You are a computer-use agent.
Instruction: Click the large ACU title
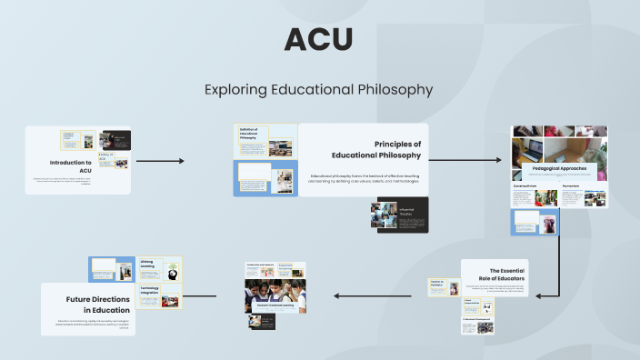point(318,40)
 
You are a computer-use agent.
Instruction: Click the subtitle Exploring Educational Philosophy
point(319,90)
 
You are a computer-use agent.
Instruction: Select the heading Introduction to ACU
point(72,166)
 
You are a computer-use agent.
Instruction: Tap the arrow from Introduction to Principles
point(160,161)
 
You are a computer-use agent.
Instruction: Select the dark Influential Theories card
point(399,215)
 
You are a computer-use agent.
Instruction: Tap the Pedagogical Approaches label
point(558,168)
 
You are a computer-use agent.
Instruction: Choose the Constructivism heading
point(525,185)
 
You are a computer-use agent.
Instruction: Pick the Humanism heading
point(572,185)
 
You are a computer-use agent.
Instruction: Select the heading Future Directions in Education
point(95,304)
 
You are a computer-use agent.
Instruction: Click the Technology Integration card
point(160,295)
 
